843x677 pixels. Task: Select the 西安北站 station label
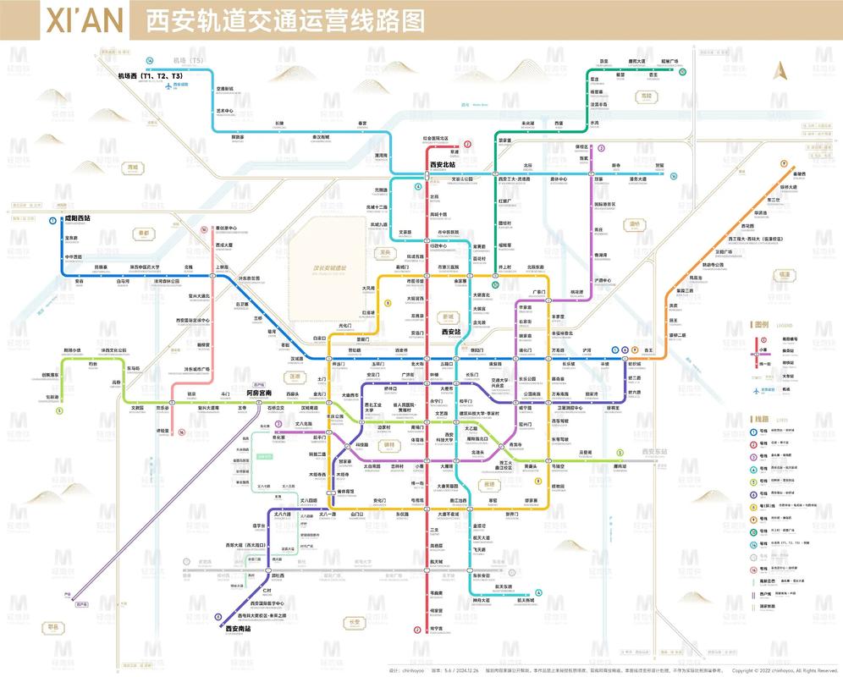pyautogui.click(x=443, y=164)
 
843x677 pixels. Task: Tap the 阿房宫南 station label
pyautogui.click(x=253, y=393)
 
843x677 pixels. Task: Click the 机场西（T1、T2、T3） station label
pyautogui.click(x=151, y=77)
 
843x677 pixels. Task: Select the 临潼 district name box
pyautogui.click(x=784, y=274)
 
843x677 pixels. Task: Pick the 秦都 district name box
pyautogui.click(x=144, y=233)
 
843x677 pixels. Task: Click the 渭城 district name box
pyautogui.click(x=131, y=168)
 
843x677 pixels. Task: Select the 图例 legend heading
pyautogui.click(x=761, y=324)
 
